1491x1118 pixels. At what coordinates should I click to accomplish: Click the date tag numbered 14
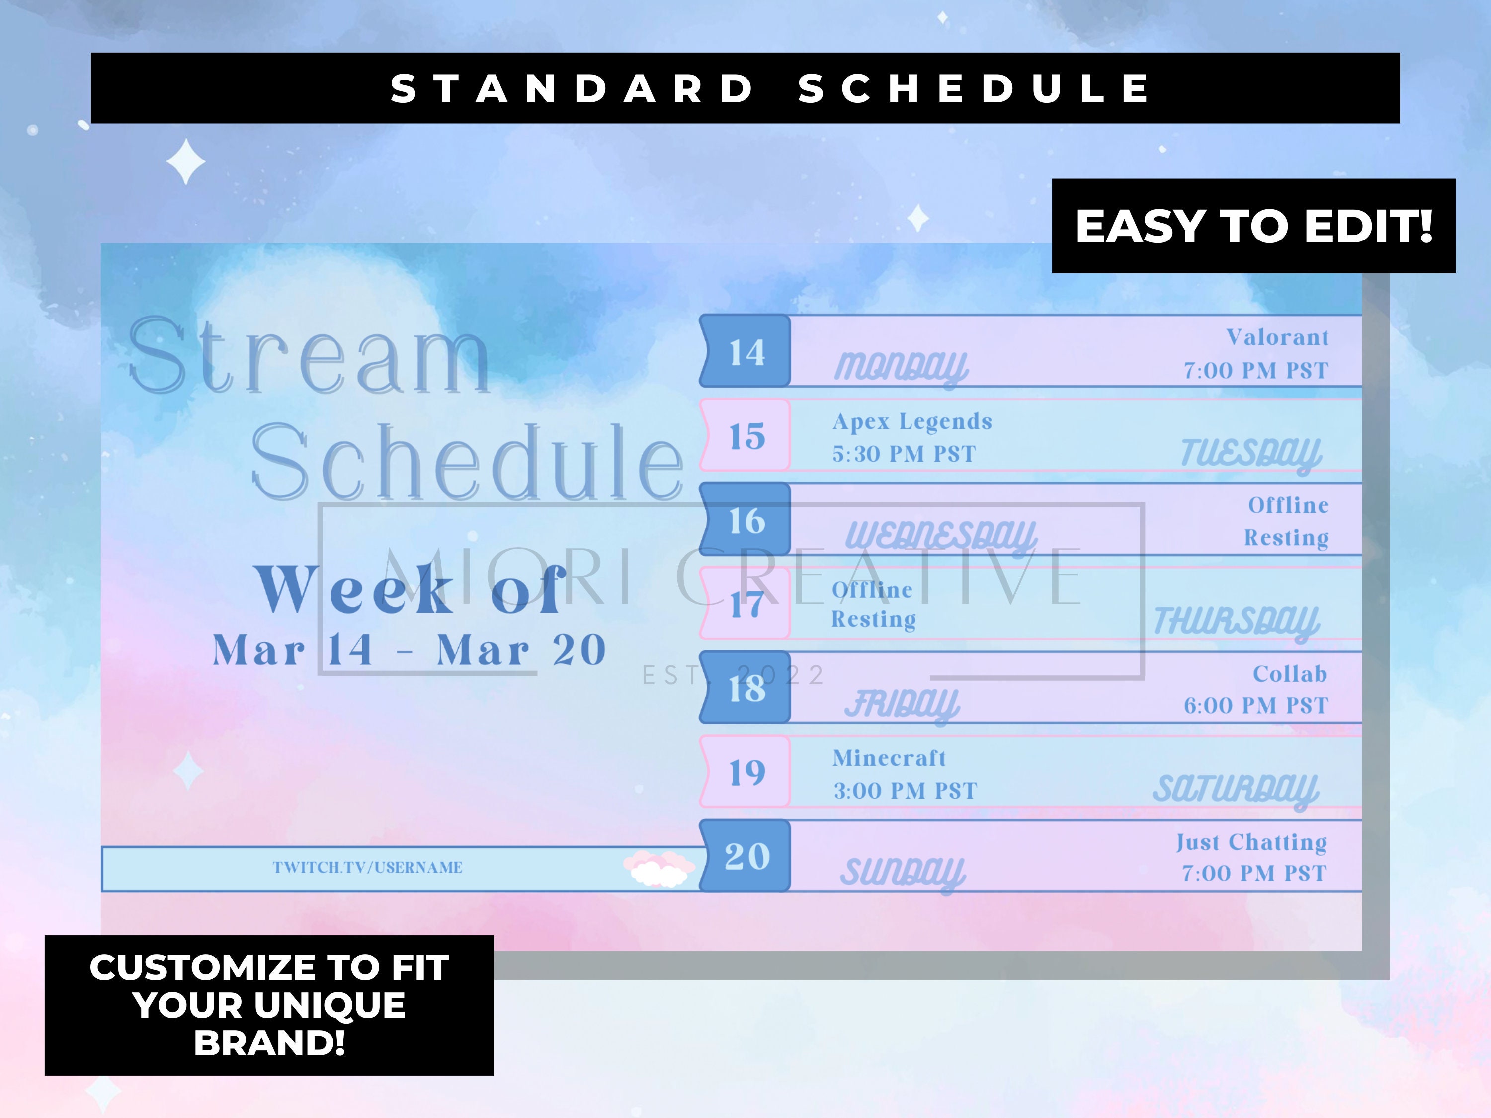pyautogui.click(x=745, y=352)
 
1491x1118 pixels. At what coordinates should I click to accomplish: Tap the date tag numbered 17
pyautogui.click(x=745, y=604)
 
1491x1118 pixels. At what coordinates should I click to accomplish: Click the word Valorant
pyautogui.click(x=1277, y=337)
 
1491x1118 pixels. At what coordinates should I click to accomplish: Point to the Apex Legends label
pyautogui.click(x=912, y=422)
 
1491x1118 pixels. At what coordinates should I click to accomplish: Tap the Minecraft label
pyautogui.click(x=889, y=758)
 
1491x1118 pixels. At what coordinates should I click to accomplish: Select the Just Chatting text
pyautogui.click(x=1252, y=842)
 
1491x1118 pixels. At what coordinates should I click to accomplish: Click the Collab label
pyautogui.click(x=1289, y=674)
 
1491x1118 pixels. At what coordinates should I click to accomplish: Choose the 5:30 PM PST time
pyautogui.click(x=904, y=454)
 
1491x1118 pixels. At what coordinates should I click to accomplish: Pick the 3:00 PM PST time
pyautogui.click(x=905, y=791)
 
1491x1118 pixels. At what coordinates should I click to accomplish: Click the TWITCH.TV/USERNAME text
pyautogui.click(x=367, y=867)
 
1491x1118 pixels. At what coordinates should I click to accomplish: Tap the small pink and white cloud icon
pyautogui.click(x=659, y=869)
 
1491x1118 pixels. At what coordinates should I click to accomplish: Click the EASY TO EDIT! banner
pyautogui.click(x=1253, y=227)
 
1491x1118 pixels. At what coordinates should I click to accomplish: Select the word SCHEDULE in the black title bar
pyautogui.click(x=974, y=88)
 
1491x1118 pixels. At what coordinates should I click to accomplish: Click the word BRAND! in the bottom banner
pyautogui.click(x=269, y=1042)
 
